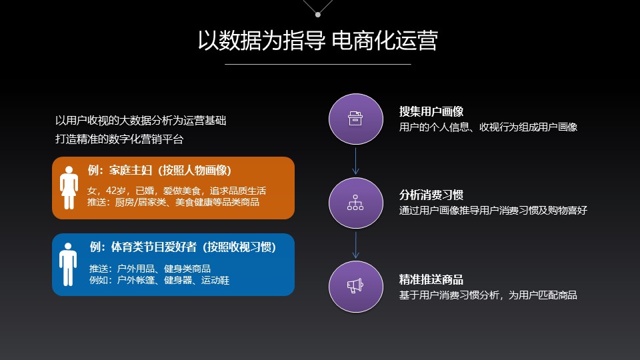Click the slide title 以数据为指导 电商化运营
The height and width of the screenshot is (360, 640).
(x=318, y=41)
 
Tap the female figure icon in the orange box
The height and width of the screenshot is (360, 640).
(x=69, y=187)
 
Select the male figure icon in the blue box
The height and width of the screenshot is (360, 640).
(x=68, y=264)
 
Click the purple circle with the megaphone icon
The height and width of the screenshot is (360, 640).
(x=356, y=287)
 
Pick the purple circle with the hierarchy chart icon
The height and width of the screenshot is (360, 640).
(x=356, y=203)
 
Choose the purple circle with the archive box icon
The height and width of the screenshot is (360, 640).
(x=356, y=119)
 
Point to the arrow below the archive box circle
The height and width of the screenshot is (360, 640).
(x=356, y=161)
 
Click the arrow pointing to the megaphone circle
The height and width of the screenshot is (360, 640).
(x=356, y=245)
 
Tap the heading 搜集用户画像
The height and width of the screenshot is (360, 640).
(x=431, y=111)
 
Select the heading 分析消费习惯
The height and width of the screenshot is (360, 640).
(x=431, y=195)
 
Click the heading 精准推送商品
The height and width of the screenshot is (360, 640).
(x=431, y=279)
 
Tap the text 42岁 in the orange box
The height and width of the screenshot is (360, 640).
(x=116, y=191)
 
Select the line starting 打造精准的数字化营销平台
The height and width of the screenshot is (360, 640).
(x=119, y=139)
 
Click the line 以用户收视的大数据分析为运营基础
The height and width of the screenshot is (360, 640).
(x=141, y=121)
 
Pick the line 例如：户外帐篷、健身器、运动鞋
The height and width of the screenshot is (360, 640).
(x=159, y=281)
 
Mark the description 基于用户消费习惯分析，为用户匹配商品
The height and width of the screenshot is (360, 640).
(x=488, y=295)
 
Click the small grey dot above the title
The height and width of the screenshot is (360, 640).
(x=318, y=15)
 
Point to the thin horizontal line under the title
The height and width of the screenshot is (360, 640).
(x=318, y=64)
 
